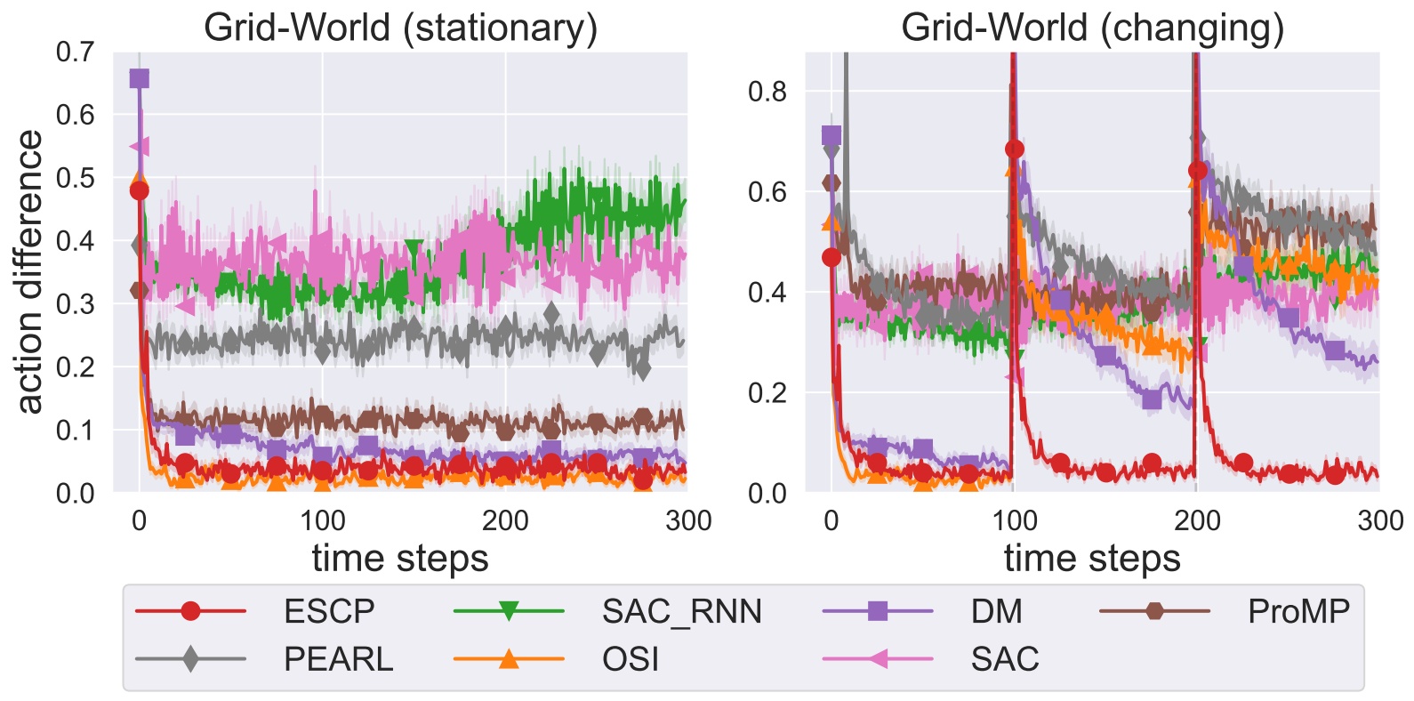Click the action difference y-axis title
pos(29,271)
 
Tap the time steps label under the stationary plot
pos(400,559)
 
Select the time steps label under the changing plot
pos(1092,559)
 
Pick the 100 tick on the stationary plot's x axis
pos(322,520)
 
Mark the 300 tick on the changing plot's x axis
pos(1379,520)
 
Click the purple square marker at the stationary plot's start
pos(139,78)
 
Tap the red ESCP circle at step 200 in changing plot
pos(1197,170)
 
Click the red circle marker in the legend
pos(190,611)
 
